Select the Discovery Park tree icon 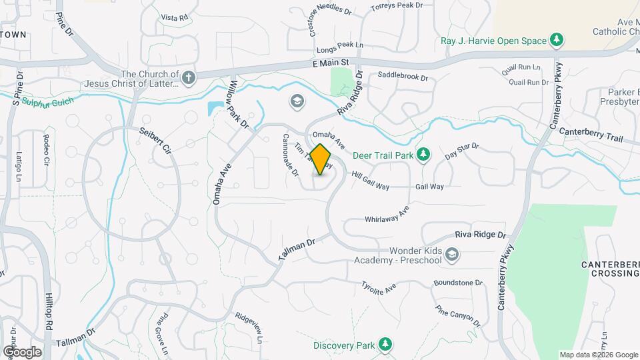click(x=385, y=344)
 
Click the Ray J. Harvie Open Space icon click(x=557, y=40)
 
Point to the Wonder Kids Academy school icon click(x=452, y=254)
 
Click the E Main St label click(x=330, y=63)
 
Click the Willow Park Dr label click(x=239, y=104)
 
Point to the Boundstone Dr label click(x=457, y=283)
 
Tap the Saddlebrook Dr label click(x=402, y=77)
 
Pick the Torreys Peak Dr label click(x=397, y=5)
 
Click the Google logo click(x=21, y=351)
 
